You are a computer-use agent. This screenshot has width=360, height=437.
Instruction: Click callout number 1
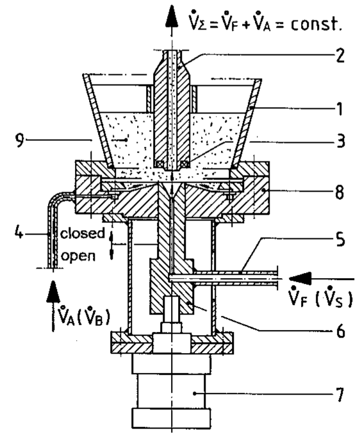pos(340,109)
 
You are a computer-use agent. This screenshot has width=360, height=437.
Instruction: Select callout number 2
pos(340,55)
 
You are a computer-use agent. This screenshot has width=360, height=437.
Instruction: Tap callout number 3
pos(340,141)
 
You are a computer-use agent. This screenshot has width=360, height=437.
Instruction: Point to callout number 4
pos(19,233)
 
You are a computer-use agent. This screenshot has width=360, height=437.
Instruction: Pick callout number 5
pos(340,240)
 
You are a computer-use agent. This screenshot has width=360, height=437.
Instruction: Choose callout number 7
pos(340,395)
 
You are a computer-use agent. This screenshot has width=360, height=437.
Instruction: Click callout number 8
pos(340,192)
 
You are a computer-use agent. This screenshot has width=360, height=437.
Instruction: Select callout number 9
pos(20,140)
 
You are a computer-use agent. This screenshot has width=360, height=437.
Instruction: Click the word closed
pos(83,233)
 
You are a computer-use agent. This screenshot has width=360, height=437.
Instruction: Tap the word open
pos(78,256)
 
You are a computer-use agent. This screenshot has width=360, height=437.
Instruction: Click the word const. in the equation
pos(316,24)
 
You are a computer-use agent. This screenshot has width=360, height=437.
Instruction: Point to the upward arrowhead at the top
pos(172,16)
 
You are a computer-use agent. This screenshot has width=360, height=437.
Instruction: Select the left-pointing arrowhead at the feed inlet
pos(300,279)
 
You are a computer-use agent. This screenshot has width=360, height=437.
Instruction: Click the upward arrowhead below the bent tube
pos(53,292)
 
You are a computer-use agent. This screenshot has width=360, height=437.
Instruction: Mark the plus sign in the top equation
pos(245,24)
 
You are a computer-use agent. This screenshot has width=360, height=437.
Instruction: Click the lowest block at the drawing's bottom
pos(171,418)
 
